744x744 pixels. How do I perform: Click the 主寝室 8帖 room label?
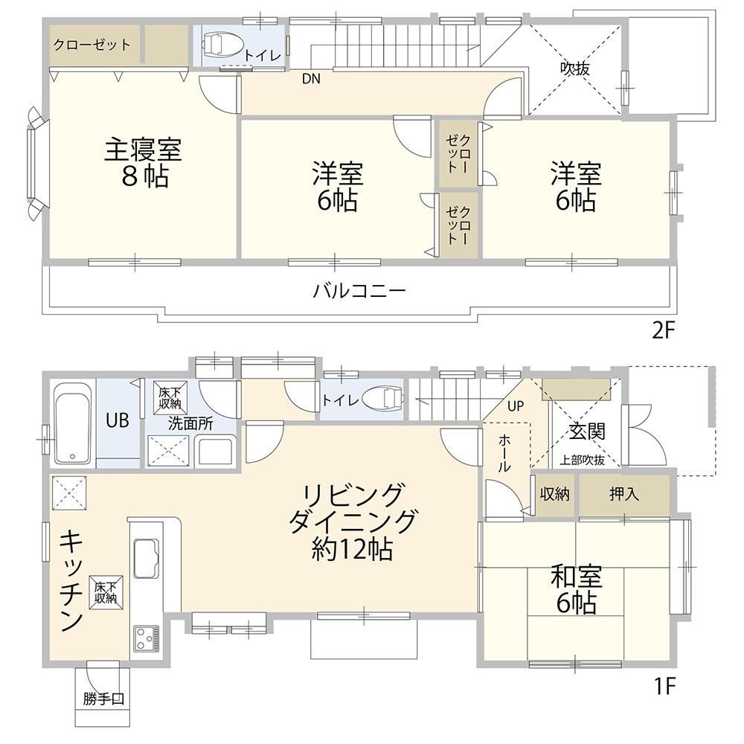(x=144, y=162)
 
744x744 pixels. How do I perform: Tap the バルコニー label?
(x=359, y=290)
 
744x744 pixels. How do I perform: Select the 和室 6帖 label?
(x=576, y=589)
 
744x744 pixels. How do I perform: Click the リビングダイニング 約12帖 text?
(x=353, y=522)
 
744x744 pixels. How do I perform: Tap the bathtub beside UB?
(x=72, y=423)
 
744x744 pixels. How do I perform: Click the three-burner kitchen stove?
(x=146, y=638)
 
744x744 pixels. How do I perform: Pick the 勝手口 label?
(x=103, y=699)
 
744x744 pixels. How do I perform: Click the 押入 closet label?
(x=624, y=495)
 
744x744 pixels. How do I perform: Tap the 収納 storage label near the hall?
(x=555, y=495)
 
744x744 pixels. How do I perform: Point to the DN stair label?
(x=311, y=79)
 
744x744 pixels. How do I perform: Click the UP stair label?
(x=516, y=406)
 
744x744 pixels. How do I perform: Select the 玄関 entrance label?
(x=588, y=432)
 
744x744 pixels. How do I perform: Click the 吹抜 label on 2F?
(x=574, y=68)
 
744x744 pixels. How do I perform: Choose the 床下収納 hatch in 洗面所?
(x=170, y=397)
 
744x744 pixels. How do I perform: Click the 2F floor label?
(x=663, y=330)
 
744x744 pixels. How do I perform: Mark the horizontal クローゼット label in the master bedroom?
(x=92, y=45)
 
